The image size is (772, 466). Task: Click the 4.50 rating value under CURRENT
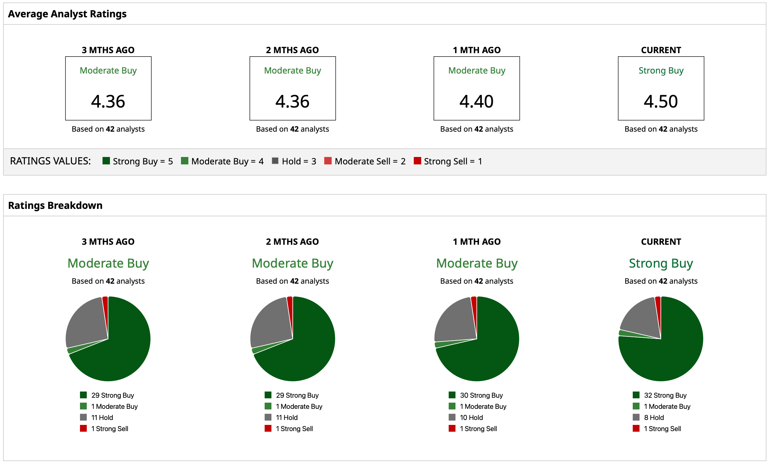(661, 101)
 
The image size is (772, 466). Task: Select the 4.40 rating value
(476, 101)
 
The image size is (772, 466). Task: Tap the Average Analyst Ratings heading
(67, 14)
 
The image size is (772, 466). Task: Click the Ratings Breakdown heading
(55, 205)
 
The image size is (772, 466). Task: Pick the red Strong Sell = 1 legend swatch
(417, 161)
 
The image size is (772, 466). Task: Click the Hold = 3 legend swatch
(275, 161)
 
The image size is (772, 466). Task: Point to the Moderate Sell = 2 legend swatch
(328, 161)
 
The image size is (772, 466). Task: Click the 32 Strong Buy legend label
(665, 395)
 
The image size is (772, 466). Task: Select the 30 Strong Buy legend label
(481, 395)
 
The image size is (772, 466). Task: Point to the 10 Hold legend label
(471, 417)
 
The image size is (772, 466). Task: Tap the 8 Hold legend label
(653, 417)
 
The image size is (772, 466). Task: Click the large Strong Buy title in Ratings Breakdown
(661, 263)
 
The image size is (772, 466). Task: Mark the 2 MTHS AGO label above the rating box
(292, 50)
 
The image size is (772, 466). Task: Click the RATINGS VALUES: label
(50, 161)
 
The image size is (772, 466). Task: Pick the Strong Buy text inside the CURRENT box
(661, 70)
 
